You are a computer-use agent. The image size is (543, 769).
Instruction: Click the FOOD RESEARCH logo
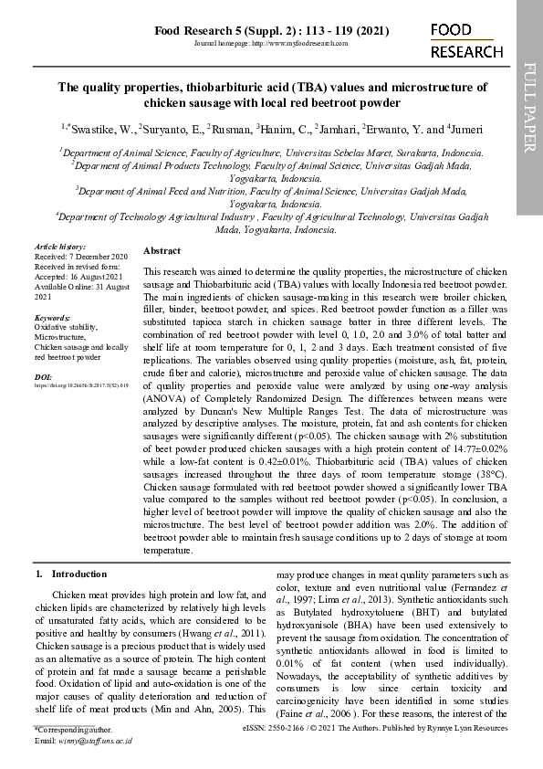pyautogui.click(x=465, y=41)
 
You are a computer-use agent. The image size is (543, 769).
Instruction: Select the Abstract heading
pyautogui.click(x=162, y=250)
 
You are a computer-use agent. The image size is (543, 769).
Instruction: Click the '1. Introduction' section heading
pyautogui.click(x=70, y=574)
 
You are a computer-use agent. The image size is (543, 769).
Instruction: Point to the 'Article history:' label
pyautogui.click(x=59, y=247)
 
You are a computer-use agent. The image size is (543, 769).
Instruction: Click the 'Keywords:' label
pyautogui.click(x=52, y=318)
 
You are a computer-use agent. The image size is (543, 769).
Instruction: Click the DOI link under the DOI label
pyautogui.click(x=81, y=386)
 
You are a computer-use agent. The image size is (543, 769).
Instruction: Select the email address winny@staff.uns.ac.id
pyautogui.click(x=96, y=740)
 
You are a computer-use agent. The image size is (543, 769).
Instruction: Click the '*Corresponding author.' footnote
pyautogui.click(x=73, y=730)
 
